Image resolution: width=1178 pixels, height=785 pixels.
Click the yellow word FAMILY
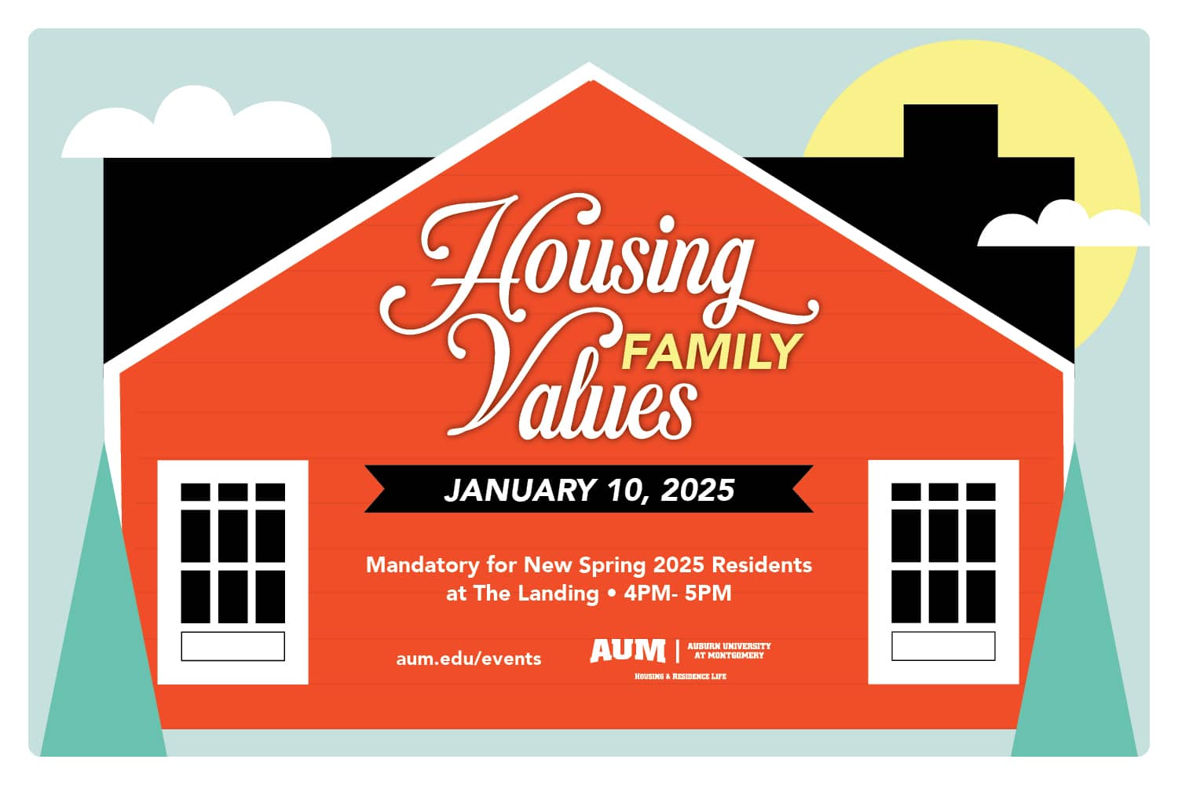[711, 352]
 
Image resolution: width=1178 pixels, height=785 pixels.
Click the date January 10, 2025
[589, 490]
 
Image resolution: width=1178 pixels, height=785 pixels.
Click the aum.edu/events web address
[469, 658]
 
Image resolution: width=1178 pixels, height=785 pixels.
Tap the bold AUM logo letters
[627, 650]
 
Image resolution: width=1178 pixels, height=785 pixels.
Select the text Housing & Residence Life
[680, 676]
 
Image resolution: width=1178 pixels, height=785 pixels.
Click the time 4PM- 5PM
[677, 593]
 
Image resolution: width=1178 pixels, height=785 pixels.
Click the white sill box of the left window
[232, 646]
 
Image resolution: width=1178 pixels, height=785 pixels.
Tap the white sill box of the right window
[943, 646]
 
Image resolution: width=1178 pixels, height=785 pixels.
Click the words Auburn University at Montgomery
[729, 650]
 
